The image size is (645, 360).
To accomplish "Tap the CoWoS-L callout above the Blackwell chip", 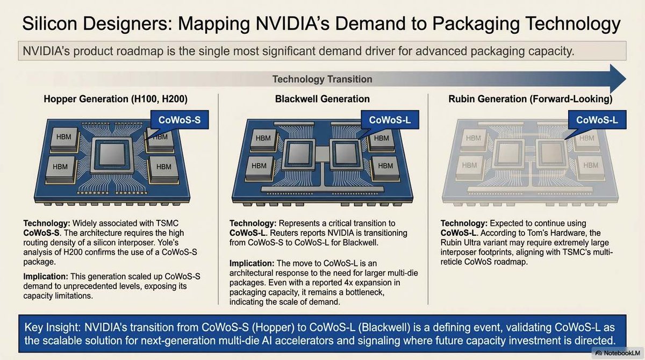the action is click(x=386, y=120).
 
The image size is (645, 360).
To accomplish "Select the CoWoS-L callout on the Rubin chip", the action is click(x=597, y=120).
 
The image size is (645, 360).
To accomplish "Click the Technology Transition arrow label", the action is click(x=322, y=80).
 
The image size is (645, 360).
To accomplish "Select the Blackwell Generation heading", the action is click(x=322, y=99).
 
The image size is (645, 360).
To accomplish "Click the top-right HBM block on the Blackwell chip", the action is click(x=381, y=139).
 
